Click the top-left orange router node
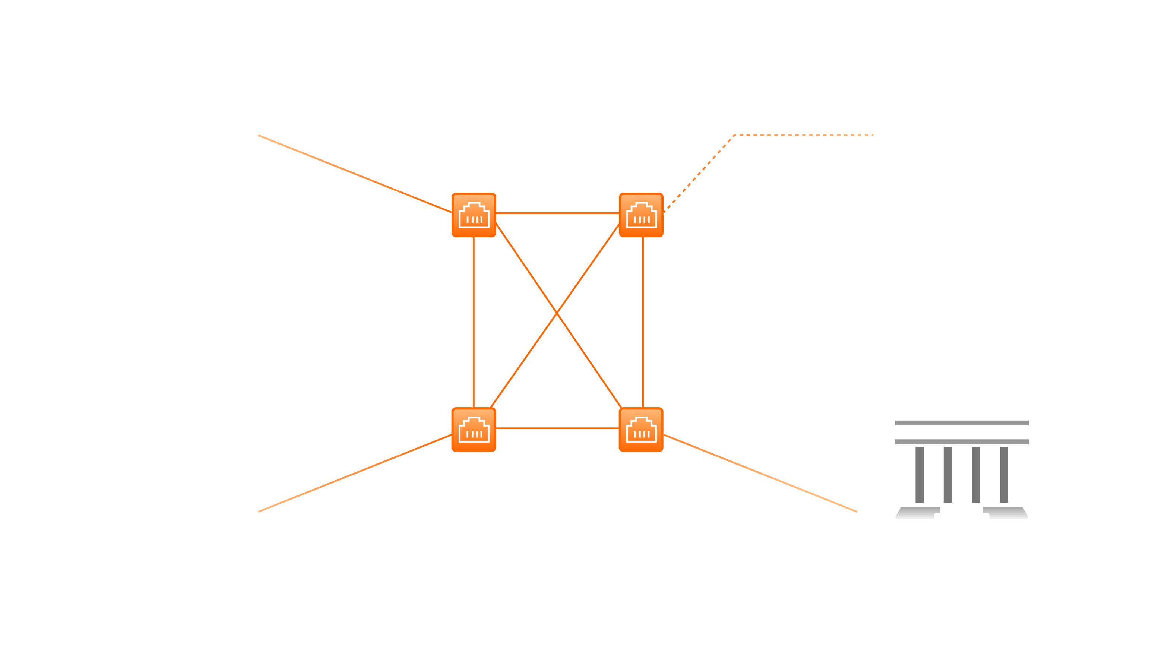(474, 215)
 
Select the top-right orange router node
(641, 215)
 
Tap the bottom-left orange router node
(474, 430)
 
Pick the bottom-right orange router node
(641, 430)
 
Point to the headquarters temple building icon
(962, 455)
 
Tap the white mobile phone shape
(961, 116)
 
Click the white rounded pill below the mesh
(558, 526)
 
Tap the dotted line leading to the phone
(803, 135)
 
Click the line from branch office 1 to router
(355, 174)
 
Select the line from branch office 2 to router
(355, 474)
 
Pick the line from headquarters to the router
(760, 474)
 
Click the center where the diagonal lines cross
(557, 313)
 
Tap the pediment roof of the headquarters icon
(962, 404)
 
